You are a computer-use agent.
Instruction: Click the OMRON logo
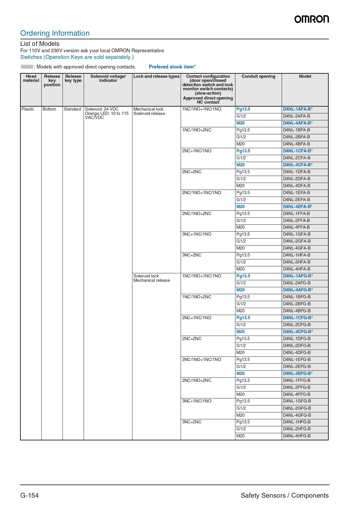(312, 19)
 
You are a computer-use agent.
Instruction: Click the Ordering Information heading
(55, 33)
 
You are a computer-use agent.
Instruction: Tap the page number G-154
(29, 495)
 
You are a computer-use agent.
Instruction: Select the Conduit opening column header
(258, 76)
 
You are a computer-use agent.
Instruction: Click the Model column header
(305, 76)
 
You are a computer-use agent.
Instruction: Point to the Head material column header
(31, 78)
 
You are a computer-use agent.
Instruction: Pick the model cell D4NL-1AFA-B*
(298, 109)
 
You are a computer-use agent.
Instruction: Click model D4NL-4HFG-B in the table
(297, 436)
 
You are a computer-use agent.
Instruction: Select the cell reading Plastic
(28, 109)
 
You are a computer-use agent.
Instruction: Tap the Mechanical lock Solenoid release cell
(149, 111)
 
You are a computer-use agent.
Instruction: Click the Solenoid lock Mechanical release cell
(151, 278)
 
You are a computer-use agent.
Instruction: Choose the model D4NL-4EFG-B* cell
(298, 373)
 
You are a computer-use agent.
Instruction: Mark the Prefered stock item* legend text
(172, 67)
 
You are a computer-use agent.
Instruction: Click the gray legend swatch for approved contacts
(27, 67)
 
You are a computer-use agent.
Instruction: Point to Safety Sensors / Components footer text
(285, 495)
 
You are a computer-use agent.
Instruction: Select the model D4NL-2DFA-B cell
(296, 179)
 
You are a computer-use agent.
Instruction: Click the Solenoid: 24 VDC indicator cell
(107, 113)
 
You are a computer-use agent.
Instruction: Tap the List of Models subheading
(40, 44)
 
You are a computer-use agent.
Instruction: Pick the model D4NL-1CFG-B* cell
(298, 318)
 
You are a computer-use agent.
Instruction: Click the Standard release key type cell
(73, 109)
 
